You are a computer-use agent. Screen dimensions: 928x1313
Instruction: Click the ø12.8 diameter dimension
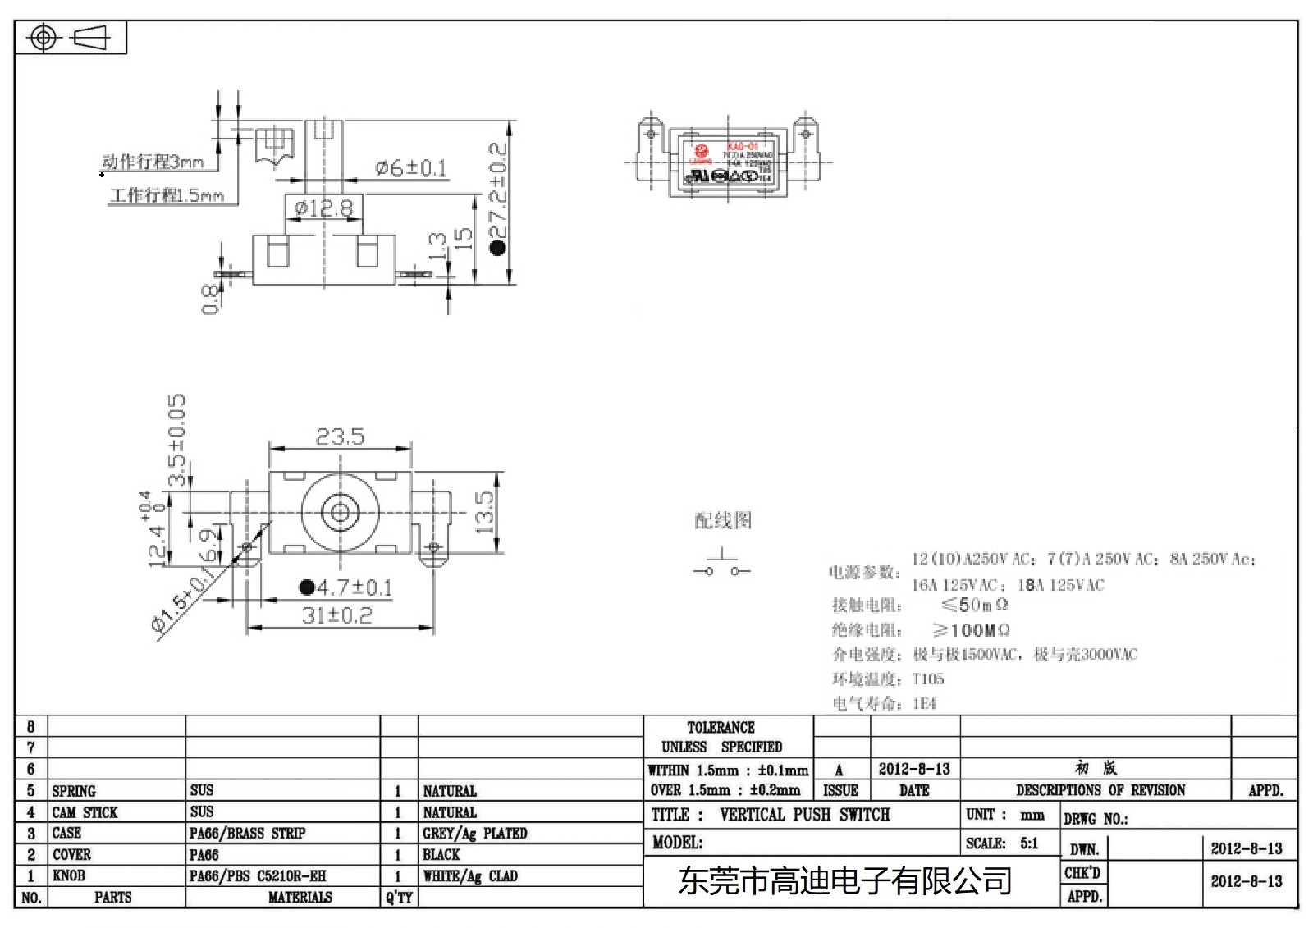click(x=323, y=208)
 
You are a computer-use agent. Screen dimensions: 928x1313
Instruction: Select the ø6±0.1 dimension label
click(x=410, y=168)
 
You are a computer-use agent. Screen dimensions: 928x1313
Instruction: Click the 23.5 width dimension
click(x=340, y=437)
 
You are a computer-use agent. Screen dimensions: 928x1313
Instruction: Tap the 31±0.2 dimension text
click(x=337, y=615)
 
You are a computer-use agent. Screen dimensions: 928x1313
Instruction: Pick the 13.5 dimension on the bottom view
click(x=485, y=513)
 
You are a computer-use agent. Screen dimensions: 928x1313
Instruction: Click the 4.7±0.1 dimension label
click(x=347, y=587)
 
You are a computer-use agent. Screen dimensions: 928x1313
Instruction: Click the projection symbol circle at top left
click(x=44, y=38)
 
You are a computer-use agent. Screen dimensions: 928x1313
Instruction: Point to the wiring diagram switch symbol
click(x=721, y=565)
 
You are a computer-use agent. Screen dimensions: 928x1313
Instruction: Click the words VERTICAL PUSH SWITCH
click(x=804, y=815)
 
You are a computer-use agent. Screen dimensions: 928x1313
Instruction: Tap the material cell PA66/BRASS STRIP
click(x=247, y=833)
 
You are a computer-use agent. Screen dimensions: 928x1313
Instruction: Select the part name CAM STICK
click(x=85, y=812)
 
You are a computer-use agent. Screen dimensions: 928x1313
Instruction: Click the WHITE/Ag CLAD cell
click(x=470, y=876)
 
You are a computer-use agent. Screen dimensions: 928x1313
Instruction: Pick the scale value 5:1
click(x=1028, y=843)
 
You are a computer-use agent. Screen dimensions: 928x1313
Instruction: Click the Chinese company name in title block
click(x=844, y=881)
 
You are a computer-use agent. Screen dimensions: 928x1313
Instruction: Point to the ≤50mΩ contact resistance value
click(x=974, y=606)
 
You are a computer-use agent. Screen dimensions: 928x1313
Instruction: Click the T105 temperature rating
click(x=927, y=679)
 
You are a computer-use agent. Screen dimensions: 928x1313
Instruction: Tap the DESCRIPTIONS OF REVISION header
click(x=1100, y=790)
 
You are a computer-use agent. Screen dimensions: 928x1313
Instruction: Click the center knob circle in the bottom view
click(x=340, y=513)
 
